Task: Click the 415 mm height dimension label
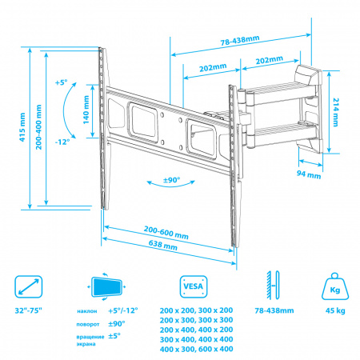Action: click(22, 127)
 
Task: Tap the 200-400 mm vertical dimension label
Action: click(39, 127)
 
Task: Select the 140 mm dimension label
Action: click(86, 110)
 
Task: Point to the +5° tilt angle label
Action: click(61, 82)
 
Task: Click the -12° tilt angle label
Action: click(62, 142)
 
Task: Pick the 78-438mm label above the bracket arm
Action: click(240, 40)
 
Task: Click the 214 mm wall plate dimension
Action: click(336, 112)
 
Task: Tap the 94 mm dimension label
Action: click(309, 174)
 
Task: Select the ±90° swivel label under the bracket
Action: click(171, 180)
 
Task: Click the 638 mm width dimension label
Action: click(163, 245)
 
